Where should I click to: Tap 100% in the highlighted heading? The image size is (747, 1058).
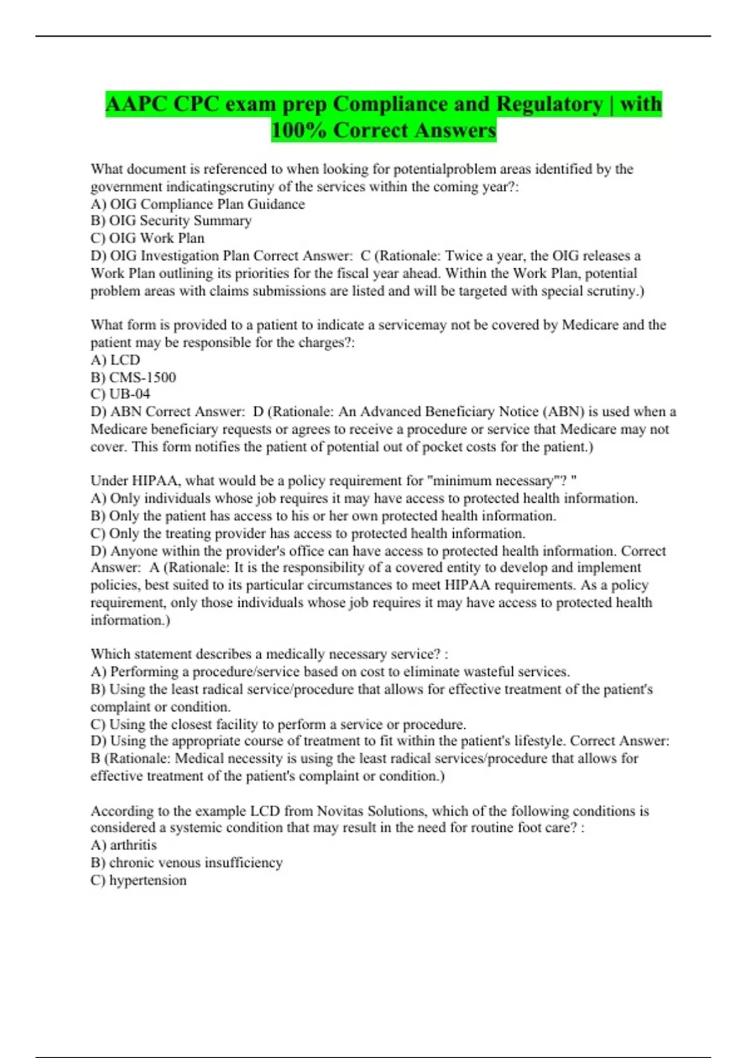[x=298, y=131]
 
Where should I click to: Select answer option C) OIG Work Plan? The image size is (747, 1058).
[x=148, y=238]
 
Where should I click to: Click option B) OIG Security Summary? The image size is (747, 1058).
[x=171, y=221]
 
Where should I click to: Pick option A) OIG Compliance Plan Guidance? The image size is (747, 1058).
[x=197, y=204]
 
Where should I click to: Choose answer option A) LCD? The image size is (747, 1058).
[x=115, y=360]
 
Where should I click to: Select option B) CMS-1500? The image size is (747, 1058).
[x=133, y=377]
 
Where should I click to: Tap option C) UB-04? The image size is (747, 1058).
[x=120, y=394]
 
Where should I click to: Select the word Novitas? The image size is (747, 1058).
[x=340, y=811]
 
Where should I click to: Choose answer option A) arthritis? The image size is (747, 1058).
[x=123, y=845]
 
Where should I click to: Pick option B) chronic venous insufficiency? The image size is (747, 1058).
[x=186, y=863]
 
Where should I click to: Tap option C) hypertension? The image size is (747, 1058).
[x=138, y=880]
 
